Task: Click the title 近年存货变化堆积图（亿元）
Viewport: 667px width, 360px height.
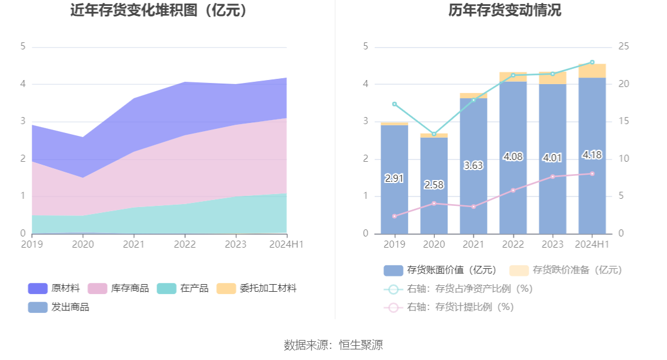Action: click(159, 11)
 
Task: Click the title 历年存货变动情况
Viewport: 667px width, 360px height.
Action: click(496, 11)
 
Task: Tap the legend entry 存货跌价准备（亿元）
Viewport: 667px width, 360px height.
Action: click(565, 270)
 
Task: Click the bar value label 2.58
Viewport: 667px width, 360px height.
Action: click(434, 185)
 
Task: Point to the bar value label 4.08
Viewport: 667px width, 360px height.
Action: click(513, 156)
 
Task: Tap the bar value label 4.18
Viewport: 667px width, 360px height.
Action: click(592, 155)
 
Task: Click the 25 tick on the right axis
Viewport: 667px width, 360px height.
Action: click(623, 46)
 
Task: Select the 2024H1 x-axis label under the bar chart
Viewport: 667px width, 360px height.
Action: click(592, 244)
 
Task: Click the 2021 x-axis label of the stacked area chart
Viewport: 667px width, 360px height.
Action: click(134, 244)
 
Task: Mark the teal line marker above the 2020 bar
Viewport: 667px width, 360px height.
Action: click(434, 134)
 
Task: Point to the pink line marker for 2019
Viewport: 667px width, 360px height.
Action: click(395, 216)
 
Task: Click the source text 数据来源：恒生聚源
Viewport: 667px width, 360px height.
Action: click(333, 345)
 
